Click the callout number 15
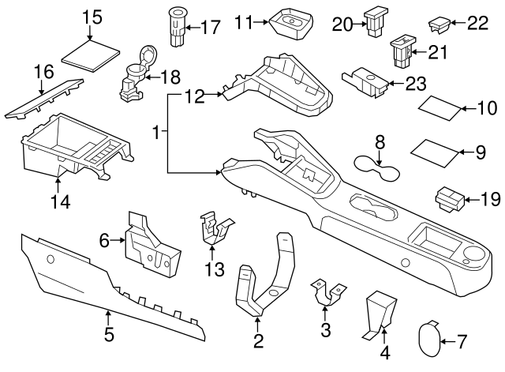pos(92,17)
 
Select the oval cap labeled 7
pos(431,340)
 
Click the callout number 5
pos(109,335)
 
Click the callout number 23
pos(417,81)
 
